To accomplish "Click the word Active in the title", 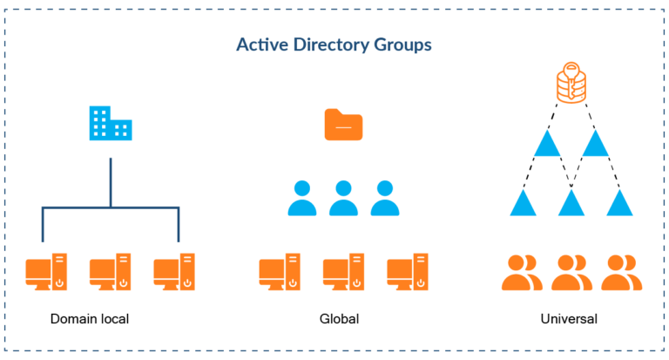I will (260, 44).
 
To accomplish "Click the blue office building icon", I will (110, 124).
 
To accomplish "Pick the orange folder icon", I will (343, 125).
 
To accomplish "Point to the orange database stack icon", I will (571, 84).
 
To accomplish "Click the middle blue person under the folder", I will (343, 199).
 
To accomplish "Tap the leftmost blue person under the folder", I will (301, 199).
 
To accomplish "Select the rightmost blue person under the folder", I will (385, 199).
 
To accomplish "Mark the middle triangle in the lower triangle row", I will (571, 203).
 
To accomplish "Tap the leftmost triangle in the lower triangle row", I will (523, 203).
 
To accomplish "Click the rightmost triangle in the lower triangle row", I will (619, 203).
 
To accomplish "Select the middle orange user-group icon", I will (571, 272).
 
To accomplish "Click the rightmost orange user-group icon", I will (621, 272).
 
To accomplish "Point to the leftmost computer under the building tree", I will (46, 272).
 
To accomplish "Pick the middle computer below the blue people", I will (343, 272).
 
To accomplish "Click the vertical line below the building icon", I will (110, 181).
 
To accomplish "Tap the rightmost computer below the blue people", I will (407, 272).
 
